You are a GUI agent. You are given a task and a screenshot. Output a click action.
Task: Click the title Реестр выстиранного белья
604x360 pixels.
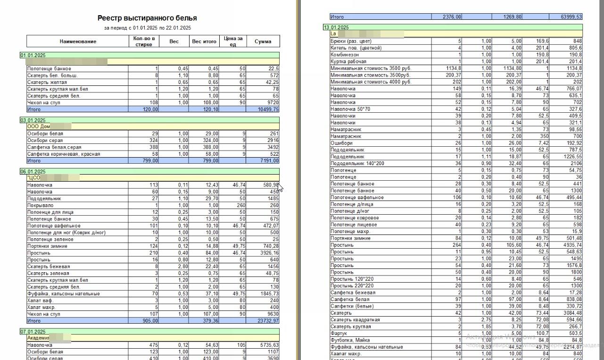(147, 18)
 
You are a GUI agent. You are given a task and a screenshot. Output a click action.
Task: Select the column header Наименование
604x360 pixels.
(78, 41)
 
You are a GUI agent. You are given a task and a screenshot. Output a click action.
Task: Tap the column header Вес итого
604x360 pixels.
(204, 41)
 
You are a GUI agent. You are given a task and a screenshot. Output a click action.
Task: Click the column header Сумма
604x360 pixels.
(263, 41)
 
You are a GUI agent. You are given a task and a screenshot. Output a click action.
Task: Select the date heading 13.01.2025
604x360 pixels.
(336, 27)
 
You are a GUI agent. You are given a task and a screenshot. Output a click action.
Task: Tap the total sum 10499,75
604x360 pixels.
(268, 109)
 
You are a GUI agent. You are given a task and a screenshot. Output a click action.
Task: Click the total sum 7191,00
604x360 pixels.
(269, 161)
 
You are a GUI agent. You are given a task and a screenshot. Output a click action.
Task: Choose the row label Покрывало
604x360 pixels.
(41, 205)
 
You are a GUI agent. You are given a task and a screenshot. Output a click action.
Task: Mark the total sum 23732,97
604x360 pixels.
(268, 321)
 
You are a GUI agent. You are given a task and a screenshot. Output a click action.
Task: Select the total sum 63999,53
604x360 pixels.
(571, 17)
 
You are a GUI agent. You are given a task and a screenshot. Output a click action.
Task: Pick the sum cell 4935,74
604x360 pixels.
(571, 245)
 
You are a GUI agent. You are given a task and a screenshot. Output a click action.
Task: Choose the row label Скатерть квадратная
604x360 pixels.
(355, 320)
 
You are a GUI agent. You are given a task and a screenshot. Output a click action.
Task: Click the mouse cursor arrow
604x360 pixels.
(281, 188)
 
